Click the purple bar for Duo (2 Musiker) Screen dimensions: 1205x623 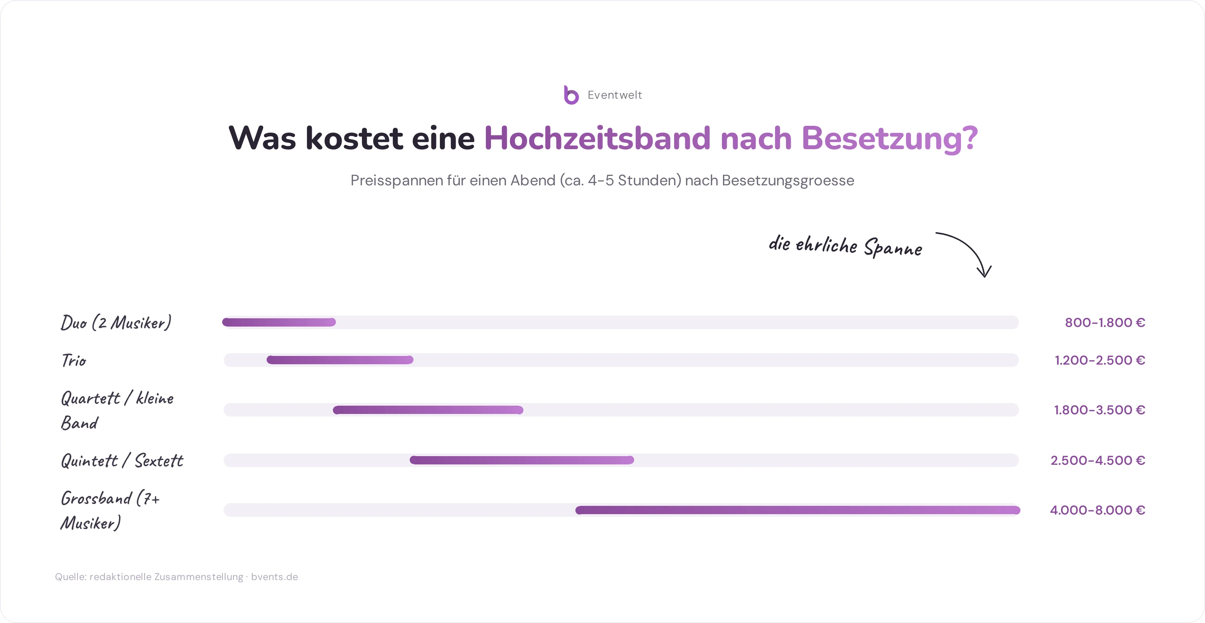click(279, 322)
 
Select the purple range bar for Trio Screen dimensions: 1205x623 click(340, 360)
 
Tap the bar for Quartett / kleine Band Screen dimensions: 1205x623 click(428, 410)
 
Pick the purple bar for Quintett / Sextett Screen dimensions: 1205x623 click(522, 460)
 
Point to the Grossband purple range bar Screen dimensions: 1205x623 click(798, 510)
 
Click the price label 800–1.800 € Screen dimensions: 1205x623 click(1105, 322)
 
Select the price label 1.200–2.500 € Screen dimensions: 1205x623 click(1100, 360)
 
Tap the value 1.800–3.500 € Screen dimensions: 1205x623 click(1099, 410)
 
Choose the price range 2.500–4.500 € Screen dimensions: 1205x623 click(1098, 460)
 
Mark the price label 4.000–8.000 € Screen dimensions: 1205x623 click(1097, 510)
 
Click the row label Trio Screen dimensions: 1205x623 click(74, 360)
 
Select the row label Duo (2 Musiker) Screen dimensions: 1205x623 click(116, 322)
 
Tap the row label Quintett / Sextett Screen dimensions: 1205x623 click(122, 461)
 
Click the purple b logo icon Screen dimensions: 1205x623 click(571, 95)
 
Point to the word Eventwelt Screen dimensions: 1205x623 click(615, 95)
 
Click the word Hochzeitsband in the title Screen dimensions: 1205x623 click(597, 139)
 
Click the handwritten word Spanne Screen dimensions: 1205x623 click(893, 247)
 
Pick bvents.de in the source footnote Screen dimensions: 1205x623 click(275, 577)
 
